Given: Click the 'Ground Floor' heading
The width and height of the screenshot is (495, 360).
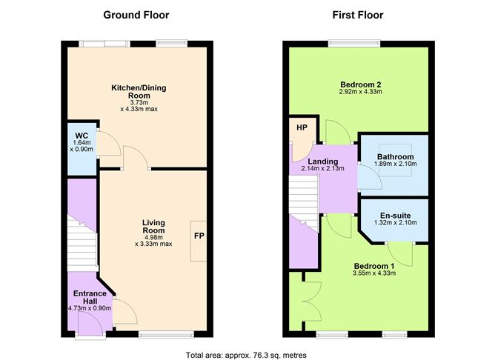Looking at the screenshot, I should (x=136, y=15).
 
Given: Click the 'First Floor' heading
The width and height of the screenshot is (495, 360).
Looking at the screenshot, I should (x=358, y=15).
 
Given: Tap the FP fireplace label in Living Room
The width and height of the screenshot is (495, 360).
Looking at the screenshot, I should (x=199, y=236).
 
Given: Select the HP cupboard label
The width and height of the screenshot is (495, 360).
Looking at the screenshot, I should (x=302, y=127).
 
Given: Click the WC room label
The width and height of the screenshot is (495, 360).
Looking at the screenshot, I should (x=82, y=136).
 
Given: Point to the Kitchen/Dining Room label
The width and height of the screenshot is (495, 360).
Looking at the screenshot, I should (x=139, y=93).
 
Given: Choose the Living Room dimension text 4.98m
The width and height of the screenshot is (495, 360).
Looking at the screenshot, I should (x=153, y=237).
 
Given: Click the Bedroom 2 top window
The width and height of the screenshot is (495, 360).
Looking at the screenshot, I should (x=355, y=41).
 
